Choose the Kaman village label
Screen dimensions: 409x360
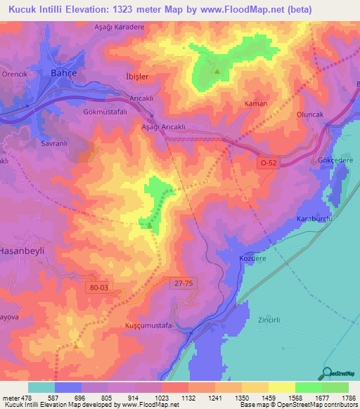(255, 103)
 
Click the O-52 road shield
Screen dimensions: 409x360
(268, 162)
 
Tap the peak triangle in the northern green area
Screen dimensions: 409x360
(217, 71)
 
